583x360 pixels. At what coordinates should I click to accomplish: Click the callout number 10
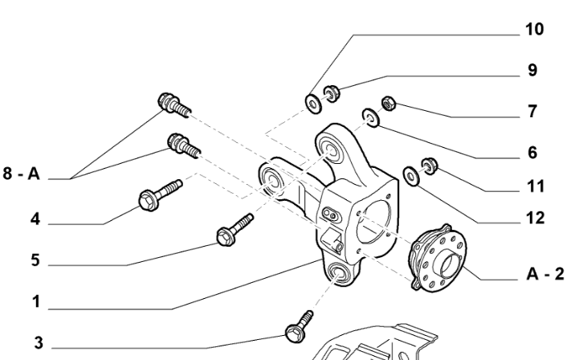click(534, 29)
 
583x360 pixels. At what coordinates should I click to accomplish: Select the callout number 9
click(532, 70)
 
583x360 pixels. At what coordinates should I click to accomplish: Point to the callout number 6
click(532, 152)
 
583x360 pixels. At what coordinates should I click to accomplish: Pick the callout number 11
click(534, 186)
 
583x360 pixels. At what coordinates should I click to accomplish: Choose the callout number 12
click(533, 218)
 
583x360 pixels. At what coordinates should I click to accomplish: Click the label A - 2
click(544, 274)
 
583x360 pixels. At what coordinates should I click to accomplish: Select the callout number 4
click(35, 217)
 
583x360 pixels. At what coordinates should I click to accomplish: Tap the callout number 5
click(35, 261)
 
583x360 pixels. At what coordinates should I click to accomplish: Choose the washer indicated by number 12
click(410, 174)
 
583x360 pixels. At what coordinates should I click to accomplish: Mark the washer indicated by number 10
click(310, 102)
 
